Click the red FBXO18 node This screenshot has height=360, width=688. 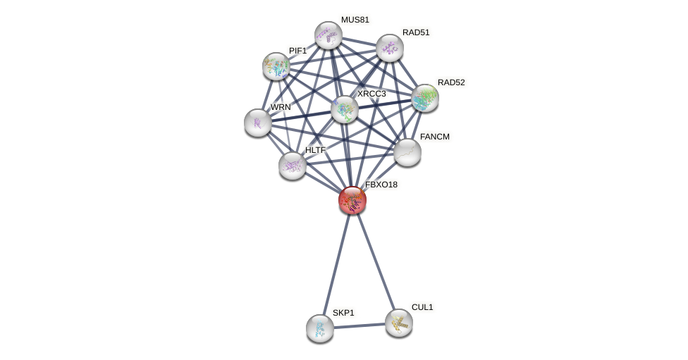click(352, 200)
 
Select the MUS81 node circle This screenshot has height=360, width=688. click(328, 35)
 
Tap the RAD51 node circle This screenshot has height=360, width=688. click(390, 48)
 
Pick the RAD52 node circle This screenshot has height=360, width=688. click(425, 98)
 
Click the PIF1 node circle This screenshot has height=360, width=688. click(276, 66)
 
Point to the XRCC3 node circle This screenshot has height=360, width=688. click(345, 109)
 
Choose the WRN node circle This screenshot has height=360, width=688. click(258, 123)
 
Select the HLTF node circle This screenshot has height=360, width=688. click(293, 166)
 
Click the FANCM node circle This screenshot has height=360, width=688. click(407, 152)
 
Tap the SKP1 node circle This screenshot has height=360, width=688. click(320, 328)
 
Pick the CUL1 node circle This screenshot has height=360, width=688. click(399, 323)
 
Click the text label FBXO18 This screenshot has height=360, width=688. click(381, 185)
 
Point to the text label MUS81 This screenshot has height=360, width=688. click(355, 20)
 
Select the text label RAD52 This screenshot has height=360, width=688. click(451, 82)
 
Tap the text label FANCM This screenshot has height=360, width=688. click(435, 137)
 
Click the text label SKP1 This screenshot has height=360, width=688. click(344, 313)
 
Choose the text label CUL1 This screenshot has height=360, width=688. click(422, 307)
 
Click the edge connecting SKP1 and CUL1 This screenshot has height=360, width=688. click(360, 325)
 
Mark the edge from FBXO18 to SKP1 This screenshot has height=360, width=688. click(337, 262)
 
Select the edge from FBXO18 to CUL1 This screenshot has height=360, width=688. click(376, 261)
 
